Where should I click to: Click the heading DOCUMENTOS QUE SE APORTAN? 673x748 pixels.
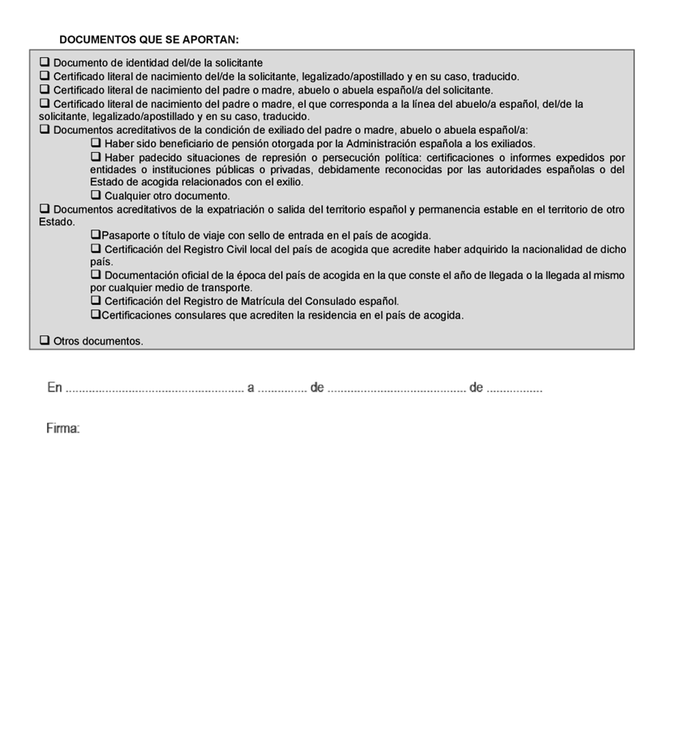tap(149, 39)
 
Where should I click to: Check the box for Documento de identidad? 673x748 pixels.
tap(45, 62)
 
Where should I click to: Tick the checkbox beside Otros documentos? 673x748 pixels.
tap(45, 341)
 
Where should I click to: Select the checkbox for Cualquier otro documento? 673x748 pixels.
tap(96, 195)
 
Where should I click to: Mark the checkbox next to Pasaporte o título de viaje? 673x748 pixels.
tap(96, 236)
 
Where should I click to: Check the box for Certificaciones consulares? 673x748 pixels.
tap(96, 315)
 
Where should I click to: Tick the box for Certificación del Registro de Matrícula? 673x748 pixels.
tap(96, 301)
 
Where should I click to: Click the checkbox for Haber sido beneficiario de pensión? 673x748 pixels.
tap(96, 143)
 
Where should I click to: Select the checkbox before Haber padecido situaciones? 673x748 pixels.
tap(96, 157)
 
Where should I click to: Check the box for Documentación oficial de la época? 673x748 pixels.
tap(96, 274)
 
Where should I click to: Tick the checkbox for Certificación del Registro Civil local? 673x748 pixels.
tap(96, 249)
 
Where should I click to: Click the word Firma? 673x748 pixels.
tap(63, 429)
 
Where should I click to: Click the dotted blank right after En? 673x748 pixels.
tap(154, 389)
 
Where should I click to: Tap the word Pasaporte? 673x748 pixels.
tap(125, 236)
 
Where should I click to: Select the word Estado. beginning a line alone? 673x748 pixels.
tap(57, 223)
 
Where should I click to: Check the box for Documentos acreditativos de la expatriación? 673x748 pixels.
tap(45, 209)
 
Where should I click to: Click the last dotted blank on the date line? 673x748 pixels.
tap(514, 389)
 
